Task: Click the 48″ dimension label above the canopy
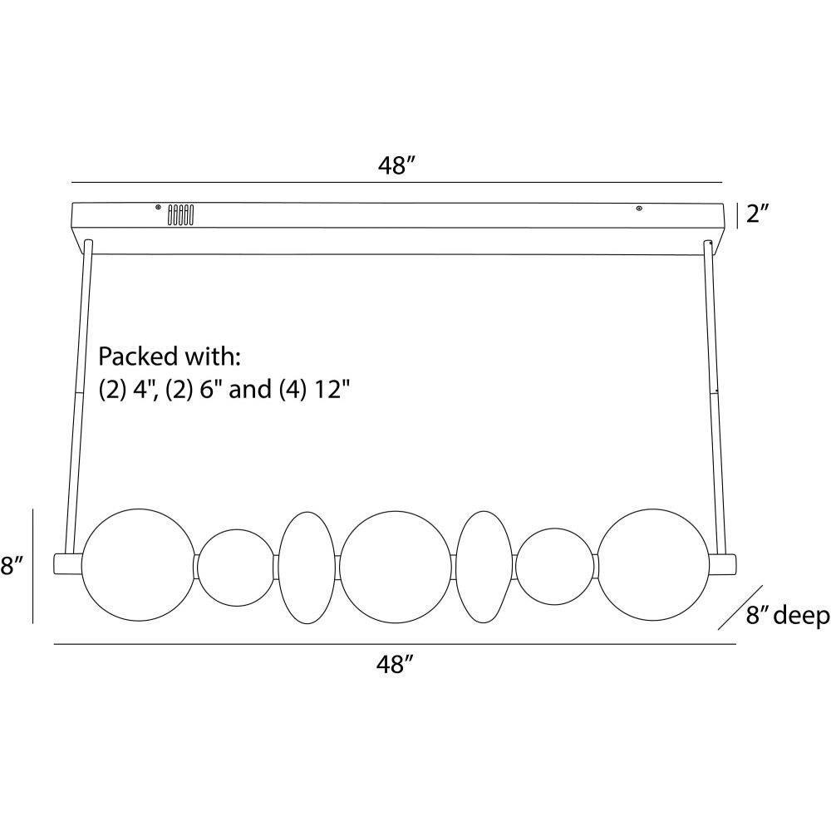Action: tap(396, 166)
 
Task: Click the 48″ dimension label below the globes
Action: tap(394, 664)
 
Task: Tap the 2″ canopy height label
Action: tap(757, 214)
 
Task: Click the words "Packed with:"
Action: tap(170, 356)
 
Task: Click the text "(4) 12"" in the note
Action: tap(314, 390)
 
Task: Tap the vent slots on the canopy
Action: tap(180, 215)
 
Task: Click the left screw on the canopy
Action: tap(158, 207)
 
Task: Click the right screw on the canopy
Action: tap(640, 209)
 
